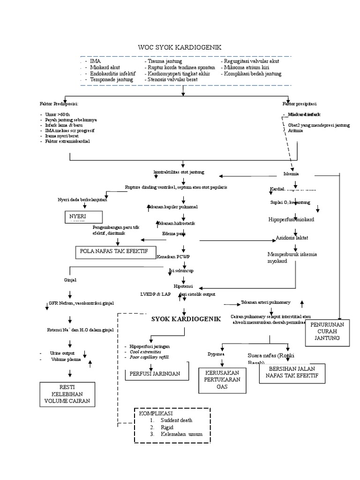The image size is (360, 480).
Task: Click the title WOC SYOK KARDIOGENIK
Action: pyautogui.click(x=180, y=47)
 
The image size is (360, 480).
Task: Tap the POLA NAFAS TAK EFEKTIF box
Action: pyautogui.click(x=114, y=252)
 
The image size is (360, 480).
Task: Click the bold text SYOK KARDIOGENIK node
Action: pyautogui.click(x=186, y=319)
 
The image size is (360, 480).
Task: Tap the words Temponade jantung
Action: pyautogui.click(x=112, y=80)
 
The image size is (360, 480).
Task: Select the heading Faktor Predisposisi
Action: pyautogui.click(x=59, y=104)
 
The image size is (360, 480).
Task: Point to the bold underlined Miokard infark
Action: pyautogui.click(x=304, y=114)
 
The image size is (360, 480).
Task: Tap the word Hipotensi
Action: pyautogui.click(x=183, y=285)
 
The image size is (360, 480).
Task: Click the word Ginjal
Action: pyautogui.click(x=70, y=280)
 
